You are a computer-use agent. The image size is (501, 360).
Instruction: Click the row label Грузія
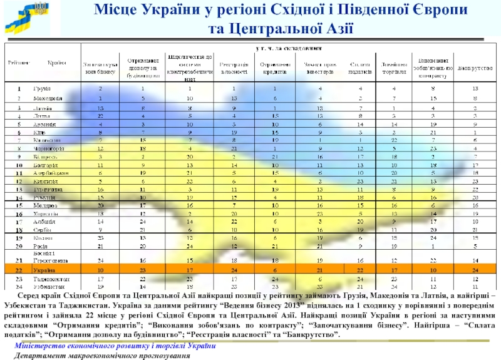pos(42,88)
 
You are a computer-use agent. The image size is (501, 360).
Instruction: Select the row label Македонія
pos(48,98)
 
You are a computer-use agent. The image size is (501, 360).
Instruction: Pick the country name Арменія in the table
pos(45,125)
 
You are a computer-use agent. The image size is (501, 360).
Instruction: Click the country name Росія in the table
pos(41,246)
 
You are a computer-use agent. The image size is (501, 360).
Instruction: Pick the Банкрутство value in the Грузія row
pos(475,88)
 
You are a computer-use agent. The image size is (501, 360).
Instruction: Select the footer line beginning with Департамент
pos(103,355)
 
